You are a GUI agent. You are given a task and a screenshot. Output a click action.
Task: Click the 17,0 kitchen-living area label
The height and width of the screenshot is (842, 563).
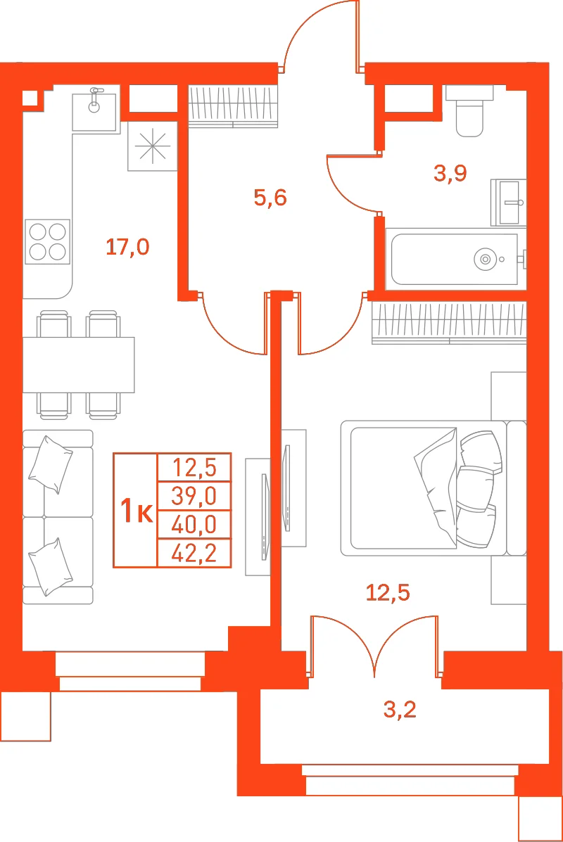(127, 247)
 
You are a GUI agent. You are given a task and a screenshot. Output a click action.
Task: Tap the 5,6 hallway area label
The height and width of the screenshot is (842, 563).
(270, 198)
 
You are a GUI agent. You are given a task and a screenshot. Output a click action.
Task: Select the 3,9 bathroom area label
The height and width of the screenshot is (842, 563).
(450, 173)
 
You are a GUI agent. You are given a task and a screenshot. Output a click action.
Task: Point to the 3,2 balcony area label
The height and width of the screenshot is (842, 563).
(400, 709)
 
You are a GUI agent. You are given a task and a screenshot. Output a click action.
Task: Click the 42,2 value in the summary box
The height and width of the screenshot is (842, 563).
(194, 553)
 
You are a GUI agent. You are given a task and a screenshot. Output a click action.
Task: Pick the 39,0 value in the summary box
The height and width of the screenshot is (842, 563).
(194, 496)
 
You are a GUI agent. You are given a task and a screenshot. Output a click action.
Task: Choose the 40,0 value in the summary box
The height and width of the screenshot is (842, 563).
(194, 525)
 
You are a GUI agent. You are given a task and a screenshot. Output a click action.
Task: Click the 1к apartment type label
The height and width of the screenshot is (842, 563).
(137, 510)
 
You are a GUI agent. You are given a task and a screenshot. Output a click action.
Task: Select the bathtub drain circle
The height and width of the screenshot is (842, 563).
(485, 260)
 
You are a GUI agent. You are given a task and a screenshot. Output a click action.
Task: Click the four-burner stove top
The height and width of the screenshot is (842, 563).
(47, 242)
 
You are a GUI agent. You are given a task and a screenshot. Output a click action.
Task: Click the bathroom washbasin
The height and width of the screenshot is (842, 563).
(508, 203)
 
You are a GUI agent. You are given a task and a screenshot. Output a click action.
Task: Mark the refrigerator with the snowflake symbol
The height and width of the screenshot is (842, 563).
(153, 146)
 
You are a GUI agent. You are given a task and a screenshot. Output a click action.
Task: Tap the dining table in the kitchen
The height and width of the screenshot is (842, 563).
(78, 364)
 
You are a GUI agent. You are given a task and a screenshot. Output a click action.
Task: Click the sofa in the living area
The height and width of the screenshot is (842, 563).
(58, 516)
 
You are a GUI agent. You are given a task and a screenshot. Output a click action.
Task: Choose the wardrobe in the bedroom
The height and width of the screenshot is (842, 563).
(449, 323)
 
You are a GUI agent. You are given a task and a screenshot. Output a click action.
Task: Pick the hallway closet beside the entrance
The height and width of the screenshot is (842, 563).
(233, 106)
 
